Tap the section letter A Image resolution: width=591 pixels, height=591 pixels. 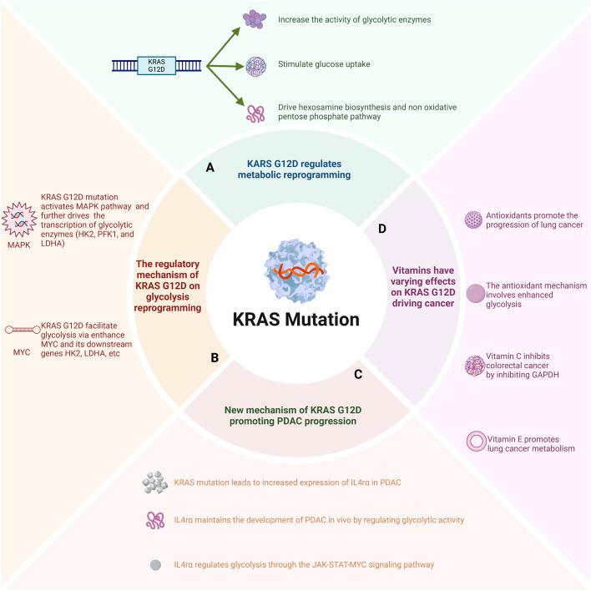click(x=210, y=168)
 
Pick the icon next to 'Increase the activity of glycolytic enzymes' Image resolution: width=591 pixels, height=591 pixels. click(x=253, y=18)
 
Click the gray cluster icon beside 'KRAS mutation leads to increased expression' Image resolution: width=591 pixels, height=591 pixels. click(x=154, y=482)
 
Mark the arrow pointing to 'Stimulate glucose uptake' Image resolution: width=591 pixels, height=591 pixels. click(x=223, y=65)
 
